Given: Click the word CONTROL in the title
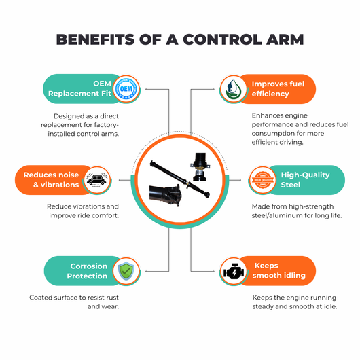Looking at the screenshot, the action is [222, 39].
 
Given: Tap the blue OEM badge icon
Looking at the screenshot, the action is [126, 88].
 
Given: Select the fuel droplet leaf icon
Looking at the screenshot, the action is [234, 89].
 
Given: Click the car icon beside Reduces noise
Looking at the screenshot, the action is [96, 179].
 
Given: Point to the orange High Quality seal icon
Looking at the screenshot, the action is [263, 180].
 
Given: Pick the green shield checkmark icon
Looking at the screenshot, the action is [126, 271].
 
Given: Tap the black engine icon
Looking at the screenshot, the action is [234, 272].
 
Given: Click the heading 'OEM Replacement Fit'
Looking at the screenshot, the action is [79, 88].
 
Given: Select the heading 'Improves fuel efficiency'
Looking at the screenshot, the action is [278, 89].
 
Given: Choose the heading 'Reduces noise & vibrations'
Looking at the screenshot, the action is [51, 180].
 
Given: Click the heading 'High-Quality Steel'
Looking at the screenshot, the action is [305, 180].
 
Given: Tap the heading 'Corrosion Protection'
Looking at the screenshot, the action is [87, 271].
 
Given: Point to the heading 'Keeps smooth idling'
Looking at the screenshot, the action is [279, 270].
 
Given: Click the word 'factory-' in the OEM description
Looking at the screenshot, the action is [108, 125].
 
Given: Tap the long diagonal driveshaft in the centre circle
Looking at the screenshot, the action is [180, 179].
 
